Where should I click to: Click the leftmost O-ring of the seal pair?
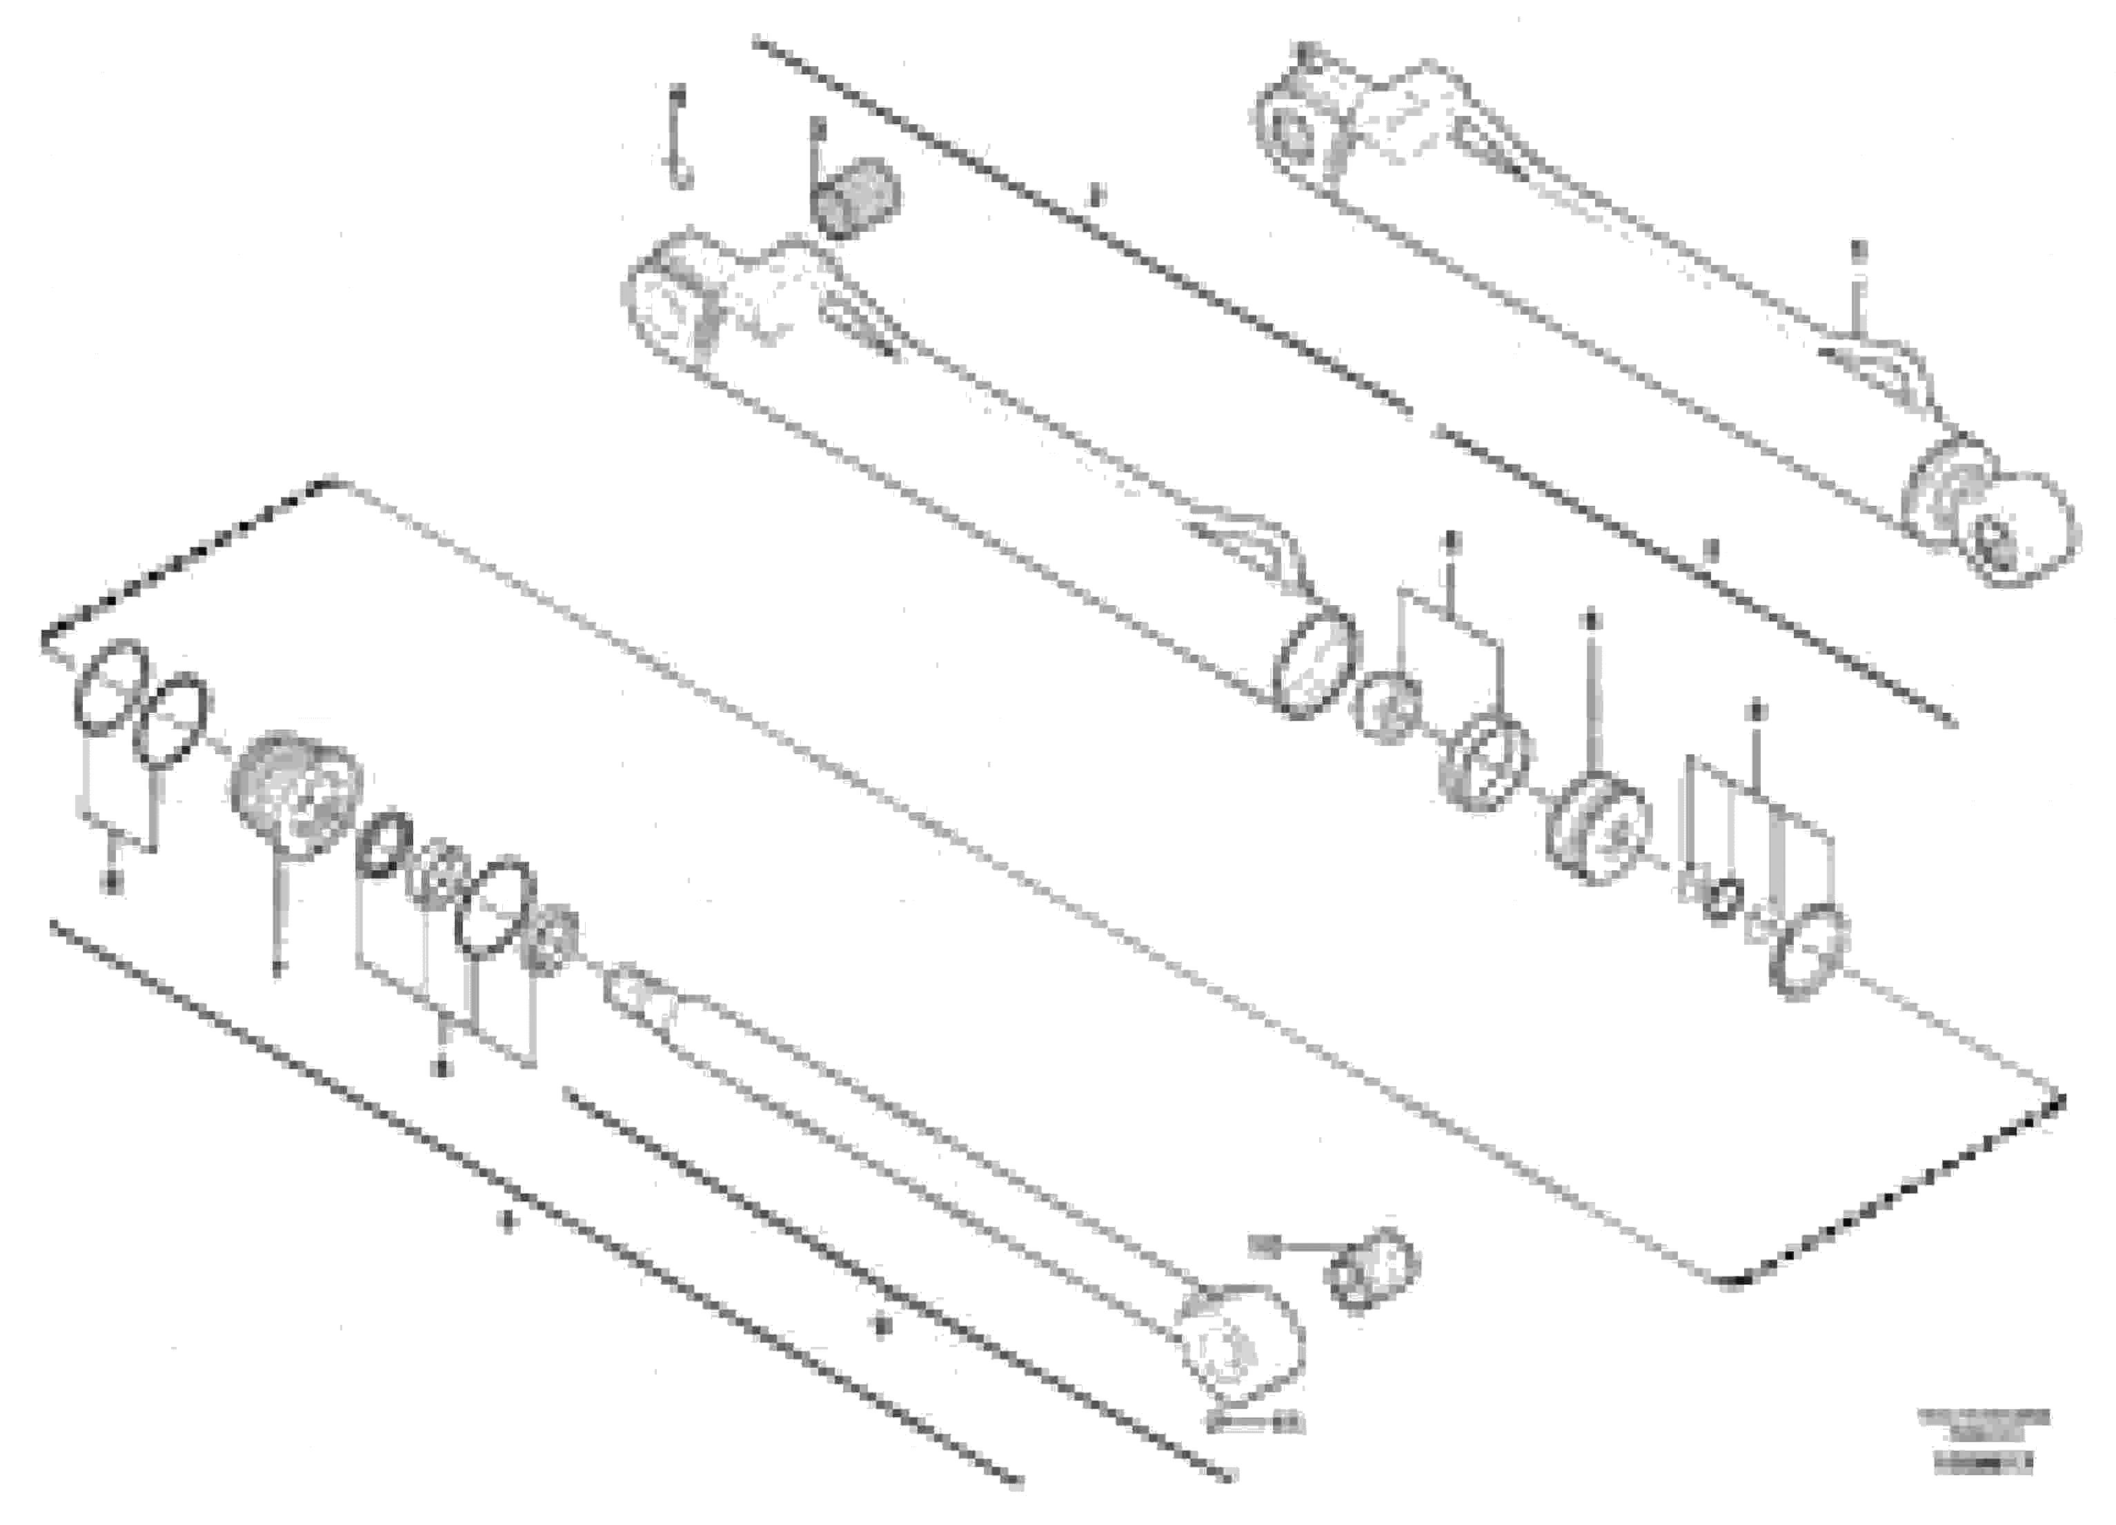tap(111, 688)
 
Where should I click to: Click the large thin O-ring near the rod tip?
tap(495, 906)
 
